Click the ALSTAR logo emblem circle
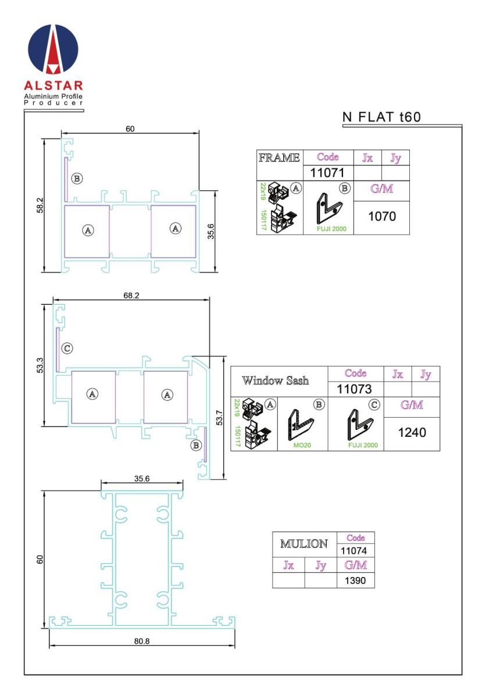point(53,49)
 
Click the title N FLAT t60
point(381,117)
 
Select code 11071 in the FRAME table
point(327,173)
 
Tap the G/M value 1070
point(382,216)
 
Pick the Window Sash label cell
point(276,380)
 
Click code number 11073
point(354,389)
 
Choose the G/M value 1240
point(412,432)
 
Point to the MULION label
point(304,544)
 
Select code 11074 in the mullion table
point(354,551)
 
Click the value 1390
point(355,581)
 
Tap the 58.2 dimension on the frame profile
point(40,205)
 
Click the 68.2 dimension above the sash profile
point(131,295)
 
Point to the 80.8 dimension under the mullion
point(142,641)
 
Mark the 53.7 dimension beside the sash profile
point(219,418)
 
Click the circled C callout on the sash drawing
point(67,348)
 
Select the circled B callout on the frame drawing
point(77,179)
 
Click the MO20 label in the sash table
point(302,446)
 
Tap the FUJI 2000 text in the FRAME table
point(331,229)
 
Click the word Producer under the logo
point(53,103)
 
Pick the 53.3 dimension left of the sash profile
point(40,365)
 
